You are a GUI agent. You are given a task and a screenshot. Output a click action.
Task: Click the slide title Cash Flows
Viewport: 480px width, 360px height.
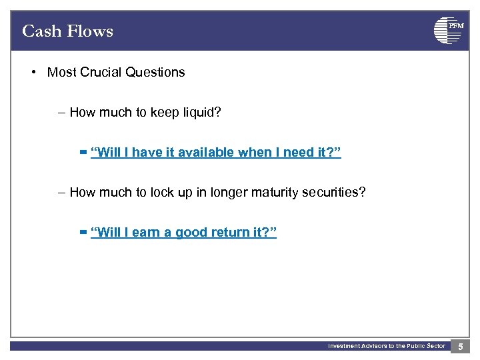pyautogui.click(x=67, y=31)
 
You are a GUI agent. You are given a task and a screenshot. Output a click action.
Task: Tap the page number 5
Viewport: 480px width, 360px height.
pyautogui.click(x=461, y=346)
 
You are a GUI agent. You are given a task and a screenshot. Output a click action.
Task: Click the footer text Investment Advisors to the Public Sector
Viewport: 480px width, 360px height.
pyautogui.click(x=386, y=346)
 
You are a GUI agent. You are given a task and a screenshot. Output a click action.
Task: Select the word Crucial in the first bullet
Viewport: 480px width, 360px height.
pyautogui.click(x=100, y=72)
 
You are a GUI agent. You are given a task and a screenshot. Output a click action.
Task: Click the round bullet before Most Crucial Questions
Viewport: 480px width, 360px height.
pyautogui.click(x=33, y=72)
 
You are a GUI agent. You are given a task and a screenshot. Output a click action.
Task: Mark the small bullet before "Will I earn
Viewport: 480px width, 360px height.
pyautogui.click(x=83, y=233)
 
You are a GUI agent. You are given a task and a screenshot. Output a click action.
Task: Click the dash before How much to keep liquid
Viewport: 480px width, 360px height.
pyautogui.click(x=62, y=113)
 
